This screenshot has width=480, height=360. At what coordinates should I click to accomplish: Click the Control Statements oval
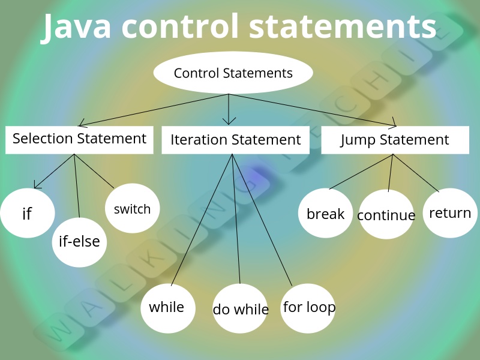point(233,73)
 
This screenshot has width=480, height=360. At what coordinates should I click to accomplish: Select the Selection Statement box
point(79,139)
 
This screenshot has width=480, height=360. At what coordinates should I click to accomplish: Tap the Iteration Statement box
point(235,140)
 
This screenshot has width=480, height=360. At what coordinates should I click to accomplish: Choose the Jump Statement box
point(395,140)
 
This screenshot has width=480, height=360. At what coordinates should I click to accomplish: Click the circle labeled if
point(27,214)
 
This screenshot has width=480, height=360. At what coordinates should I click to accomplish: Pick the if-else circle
point(79,242)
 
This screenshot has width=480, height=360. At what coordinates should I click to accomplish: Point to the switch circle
point(132,209)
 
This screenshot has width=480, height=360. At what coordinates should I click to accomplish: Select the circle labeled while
point(167,308)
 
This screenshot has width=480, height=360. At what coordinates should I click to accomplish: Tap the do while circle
point(240,309)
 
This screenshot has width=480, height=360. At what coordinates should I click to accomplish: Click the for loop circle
point(308,308)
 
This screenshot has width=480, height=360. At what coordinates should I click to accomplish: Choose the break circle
point(326,214)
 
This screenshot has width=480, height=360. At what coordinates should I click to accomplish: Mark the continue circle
point(386,215)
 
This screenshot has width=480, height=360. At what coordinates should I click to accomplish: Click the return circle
point(450,213)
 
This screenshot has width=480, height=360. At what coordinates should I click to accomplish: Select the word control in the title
point(187,27)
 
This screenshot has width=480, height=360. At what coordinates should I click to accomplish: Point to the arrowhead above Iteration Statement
point(229,121)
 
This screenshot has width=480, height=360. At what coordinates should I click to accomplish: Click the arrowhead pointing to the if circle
point(37,185)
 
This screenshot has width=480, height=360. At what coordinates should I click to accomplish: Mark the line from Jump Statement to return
point(416,173)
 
